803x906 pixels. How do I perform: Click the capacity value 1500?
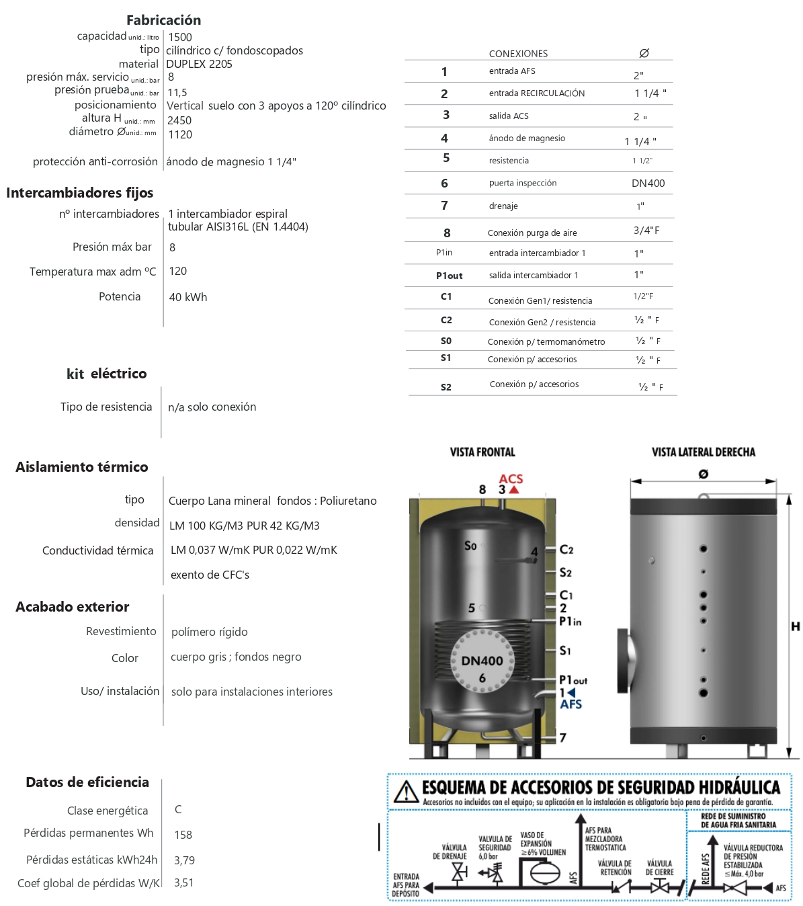(180, 38)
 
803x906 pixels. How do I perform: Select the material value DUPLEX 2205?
(199, 64)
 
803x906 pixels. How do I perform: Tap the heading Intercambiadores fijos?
(79, 193)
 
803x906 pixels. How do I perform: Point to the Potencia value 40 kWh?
(188, 297)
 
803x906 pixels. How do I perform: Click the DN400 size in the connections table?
(648, 183)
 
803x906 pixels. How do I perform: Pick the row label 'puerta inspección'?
(523, 183)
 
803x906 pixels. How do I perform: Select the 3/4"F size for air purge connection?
(646, 231)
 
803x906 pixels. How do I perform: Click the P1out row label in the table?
(449, 276)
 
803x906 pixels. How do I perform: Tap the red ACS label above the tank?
(511, 479)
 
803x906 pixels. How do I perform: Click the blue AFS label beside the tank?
(571, 704)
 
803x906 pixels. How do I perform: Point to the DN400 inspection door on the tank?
(482, 661)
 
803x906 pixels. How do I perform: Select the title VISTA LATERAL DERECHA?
(703, 452)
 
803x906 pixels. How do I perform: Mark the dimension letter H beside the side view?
(795, 626)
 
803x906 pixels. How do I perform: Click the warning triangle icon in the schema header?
(407, 792)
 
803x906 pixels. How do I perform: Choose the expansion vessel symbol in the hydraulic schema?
(544, 872)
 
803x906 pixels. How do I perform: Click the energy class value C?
(178, 810)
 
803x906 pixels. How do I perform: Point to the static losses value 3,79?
(184, 860)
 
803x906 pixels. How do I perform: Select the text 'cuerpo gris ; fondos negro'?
(236, 657)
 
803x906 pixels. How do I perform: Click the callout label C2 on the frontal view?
(566, 550)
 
